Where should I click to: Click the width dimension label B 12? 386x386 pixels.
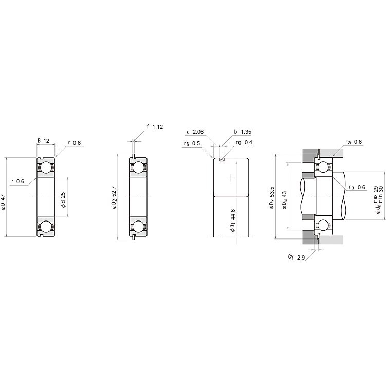44,141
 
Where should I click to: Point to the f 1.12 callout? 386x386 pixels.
155,127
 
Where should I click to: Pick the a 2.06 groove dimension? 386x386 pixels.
195,132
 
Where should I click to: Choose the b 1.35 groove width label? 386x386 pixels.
243,132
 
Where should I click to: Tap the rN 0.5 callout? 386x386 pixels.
192,143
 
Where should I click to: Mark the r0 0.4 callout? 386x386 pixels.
244,142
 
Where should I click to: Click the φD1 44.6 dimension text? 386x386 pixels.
233,220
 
